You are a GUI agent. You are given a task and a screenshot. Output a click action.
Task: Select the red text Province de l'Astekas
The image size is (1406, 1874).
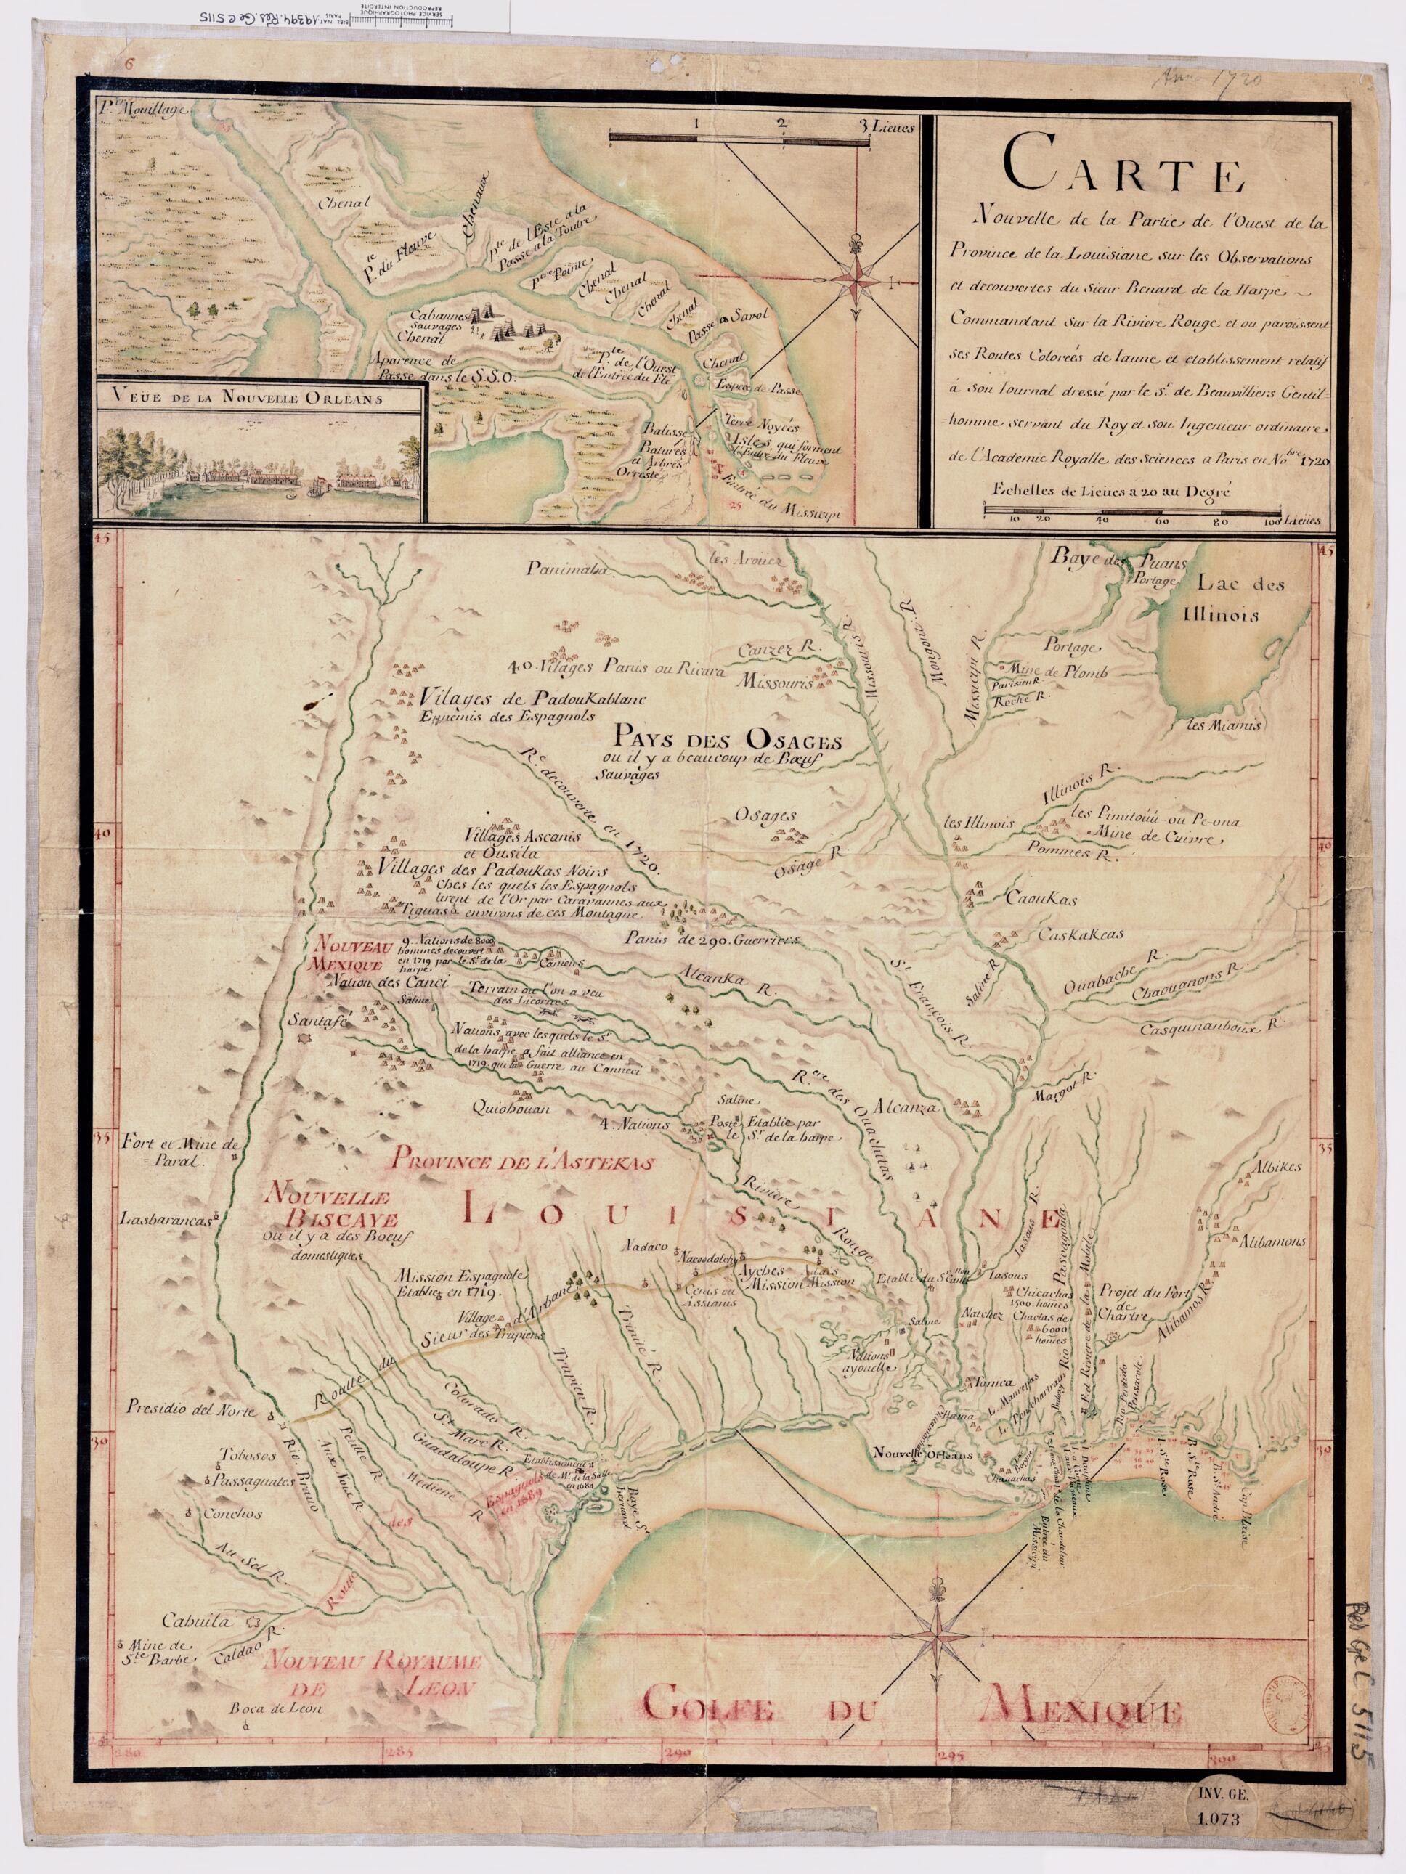pyautogui.click(x=523, y=1165)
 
